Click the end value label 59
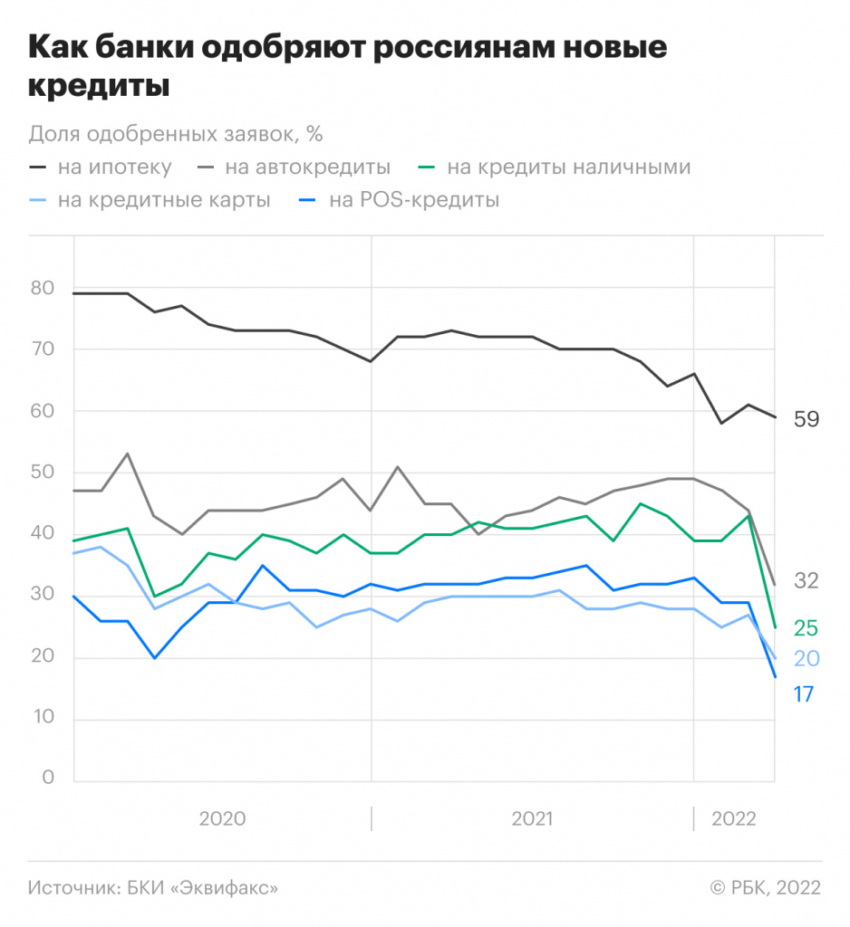tap(806, 419)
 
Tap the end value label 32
tap(806, 581)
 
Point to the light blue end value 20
tap(806, 658)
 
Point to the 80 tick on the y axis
tap(43, 289)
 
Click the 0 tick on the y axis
tap(49, 779)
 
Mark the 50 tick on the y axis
tap(43, 473)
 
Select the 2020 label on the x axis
tap(222, 818)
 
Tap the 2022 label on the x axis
tap(734, 818)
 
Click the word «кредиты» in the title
tap(100, 88)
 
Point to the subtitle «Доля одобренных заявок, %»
tap(176, 133)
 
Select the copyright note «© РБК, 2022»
tap(765, 888)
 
